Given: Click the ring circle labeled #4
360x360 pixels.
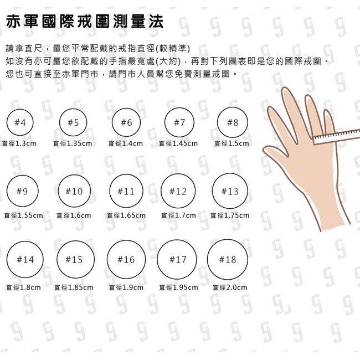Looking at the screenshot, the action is point(7,122).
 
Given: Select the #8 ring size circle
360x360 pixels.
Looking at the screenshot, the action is point(218,122).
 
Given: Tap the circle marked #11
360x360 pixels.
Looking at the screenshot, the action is point(110,191).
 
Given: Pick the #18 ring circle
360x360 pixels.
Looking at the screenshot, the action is point(208,260).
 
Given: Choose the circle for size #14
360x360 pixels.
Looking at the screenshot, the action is point(7,260).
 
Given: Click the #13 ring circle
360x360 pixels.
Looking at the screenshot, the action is point(213,191).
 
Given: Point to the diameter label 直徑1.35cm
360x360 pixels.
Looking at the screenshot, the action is point(73,143).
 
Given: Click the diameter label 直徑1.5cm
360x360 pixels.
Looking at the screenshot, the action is point(232,143).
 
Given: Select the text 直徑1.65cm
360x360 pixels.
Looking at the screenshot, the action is point(126,215).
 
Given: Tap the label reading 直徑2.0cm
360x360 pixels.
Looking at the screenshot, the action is point(230,287).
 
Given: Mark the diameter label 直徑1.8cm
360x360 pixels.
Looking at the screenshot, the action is point(23,287).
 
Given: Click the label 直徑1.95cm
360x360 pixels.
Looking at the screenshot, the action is point(179,287).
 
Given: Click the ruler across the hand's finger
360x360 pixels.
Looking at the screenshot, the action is point(337,137).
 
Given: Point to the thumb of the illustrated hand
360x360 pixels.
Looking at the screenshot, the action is point(275,152).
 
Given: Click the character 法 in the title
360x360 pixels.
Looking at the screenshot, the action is point(156,22).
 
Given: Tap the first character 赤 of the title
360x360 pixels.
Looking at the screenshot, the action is point(13,22).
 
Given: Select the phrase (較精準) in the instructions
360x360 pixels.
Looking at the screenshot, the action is point(173,48).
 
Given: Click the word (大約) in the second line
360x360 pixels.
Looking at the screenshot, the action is point(170,61).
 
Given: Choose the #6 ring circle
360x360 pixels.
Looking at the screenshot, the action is point(112,122).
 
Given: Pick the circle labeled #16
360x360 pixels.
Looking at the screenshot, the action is point(107,260).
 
